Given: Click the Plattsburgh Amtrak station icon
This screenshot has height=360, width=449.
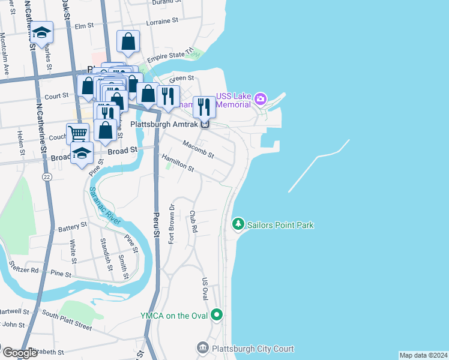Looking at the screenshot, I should tap(205, 124).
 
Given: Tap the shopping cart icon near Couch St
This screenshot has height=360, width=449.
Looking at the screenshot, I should tap(77, 133).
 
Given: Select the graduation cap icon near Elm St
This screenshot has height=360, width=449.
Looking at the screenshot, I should tap(42, 32).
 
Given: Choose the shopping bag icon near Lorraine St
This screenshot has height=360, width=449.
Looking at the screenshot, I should tap(128, 41).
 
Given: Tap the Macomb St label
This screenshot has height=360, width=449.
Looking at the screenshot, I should tap(198, 147).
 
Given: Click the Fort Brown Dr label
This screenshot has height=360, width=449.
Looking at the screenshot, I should tap(172, 224).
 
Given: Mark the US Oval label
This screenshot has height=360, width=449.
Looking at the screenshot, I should tap(205, 289).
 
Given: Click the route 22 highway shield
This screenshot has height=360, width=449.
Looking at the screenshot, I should tap(47, 177).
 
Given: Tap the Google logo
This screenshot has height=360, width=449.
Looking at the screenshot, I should tap(20, 353).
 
